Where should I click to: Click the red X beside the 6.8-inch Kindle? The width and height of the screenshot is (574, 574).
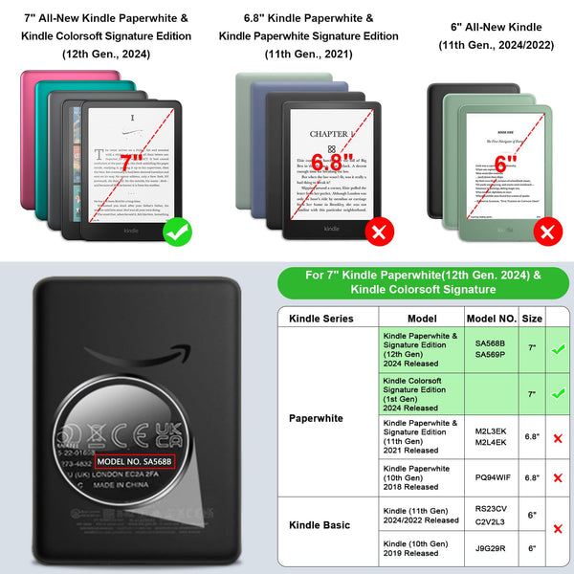377,232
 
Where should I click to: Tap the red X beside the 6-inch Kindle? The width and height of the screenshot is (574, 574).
549,232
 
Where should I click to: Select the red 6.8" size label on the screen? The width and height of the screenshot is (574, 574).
332,162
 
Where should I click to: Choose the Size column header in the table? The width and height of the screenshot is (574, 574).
532,318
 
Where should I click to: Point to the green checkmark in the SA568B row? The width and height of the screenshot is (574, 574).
558,350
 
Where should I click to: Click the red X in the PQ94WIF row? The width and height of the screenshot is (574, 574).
558,476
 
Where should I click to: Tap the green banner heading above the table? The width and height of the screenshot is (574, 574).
422,281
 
